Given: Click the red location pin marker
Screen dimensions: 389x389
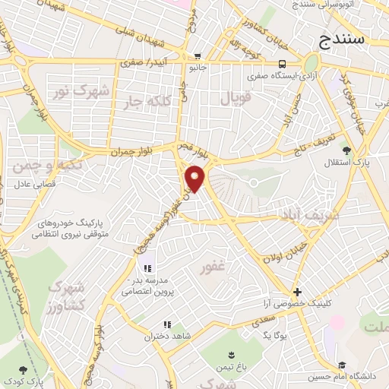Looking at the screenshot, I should (195, 178).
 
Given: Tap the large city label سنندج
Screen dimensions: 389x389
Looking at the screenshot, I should (342, 37).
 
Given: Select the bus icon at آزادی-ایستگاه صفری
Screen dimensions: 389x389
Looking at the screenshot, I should (282, 64).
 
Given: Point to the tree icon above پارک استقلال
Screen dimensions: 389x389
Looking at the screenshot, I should (346, 150).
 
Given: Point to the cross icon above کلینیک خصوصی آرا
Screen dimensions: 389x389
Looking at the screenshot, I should (297, 292).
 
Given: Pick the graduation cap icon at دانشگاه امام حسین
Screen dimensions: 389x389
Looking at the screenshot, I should (343, 365).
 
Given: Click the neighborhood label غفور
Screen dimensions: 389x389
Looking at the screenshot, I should (213, 267).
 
